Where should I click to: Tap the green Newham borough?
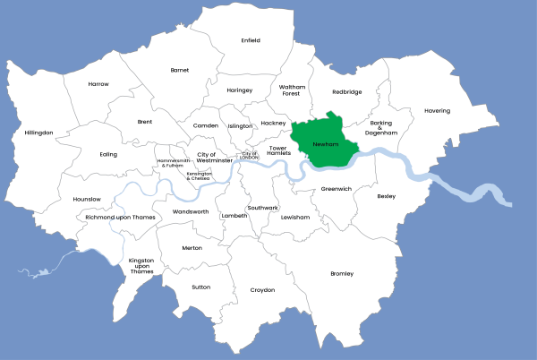[x=327, y=143]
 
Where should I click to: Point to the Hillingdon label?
[x=39, y=133]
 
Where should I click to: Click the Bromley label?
[x=342, y=273]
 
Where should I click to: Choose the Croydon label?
[x=262, y=289]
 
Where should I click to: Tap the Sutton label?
[x=200, y=287]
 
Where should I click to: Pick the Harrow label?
[x=98, y=84]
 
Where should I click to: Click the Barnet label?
[x=180, y=69]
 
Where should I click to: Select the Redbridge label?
[x=346, y=91]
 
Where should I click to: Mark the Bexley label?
[x=386, y=196]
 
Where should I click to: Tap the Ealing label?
[x=108, y=154]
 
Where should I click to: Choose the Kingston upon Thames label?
[x=141, y=266]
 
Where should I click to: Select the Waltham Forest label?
[x=292, y=90]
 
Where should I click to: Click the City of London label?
[x=250, y=155]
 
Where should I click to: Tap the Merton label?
[x=192, y=248]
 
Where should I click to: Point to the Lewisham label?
[x=294, y=218]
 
